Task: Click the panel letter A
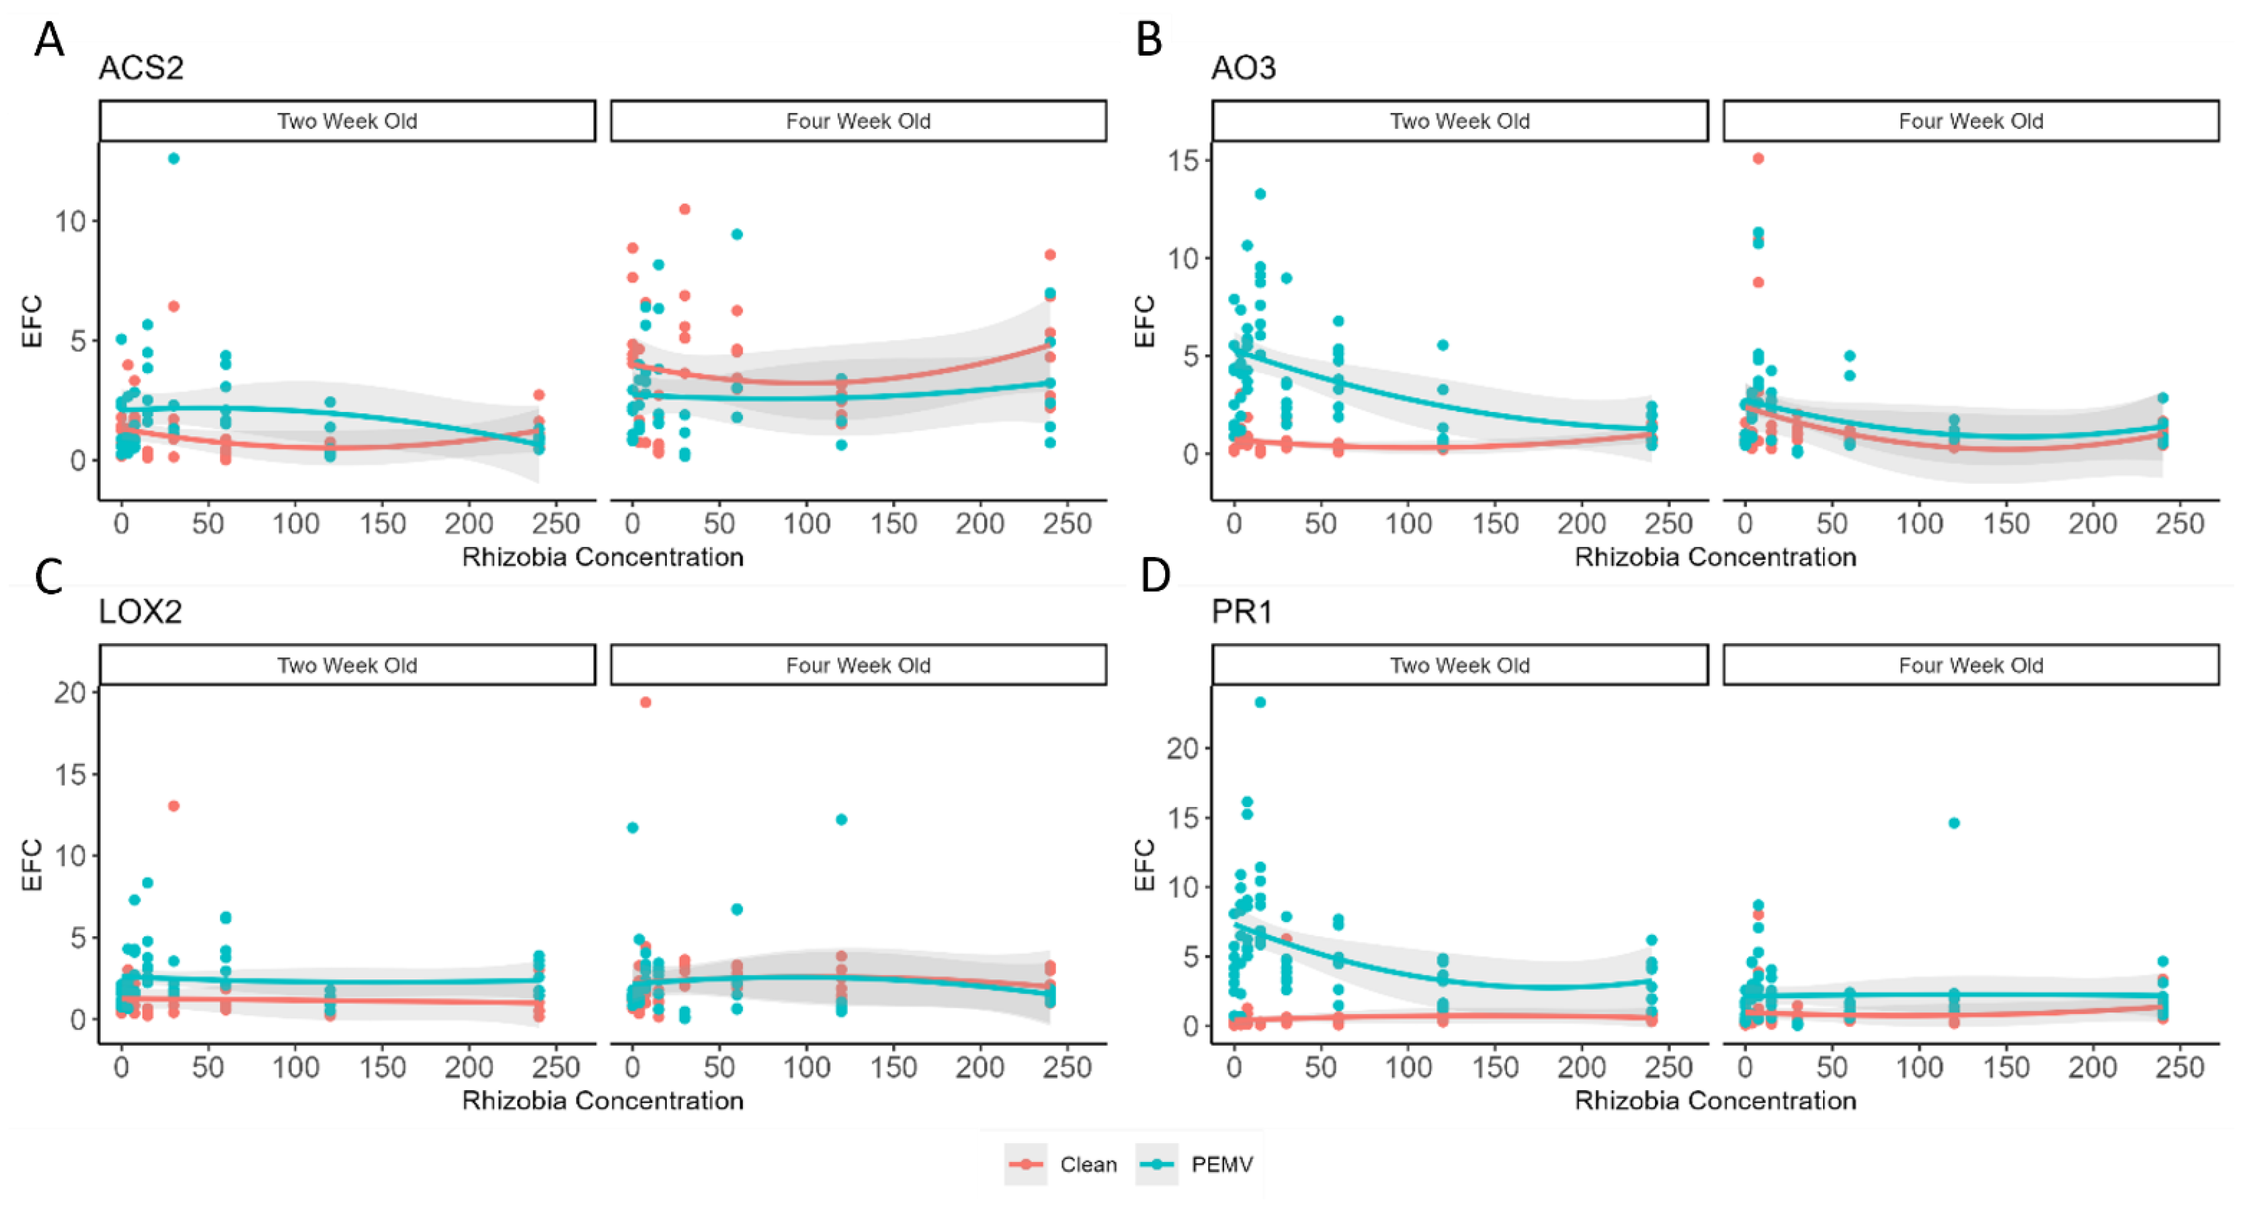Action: click(x=49, y=40)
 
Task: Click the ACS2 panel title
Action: click(x=141, y=68)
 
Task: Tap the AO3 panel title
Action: click(x=1243, y=68)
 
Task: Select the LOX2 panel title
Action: click(x=140, y=611)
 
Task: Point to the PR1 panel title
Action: click(x=1241, y=611)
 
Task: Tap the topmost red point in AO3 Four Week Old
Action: click(x=1758, y=159)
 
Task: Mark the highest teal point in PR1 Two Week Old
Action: click(x=1260, y=702)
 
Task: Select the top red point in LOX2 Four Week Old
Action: click(x=645, y=702)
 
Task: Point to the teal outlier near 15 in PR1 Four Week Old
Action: click(x=1954, y=823)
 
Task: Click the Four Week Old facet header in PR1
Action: click(x=1971, y=665)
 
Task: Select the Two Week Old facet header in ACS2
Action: click(x=347, y=121)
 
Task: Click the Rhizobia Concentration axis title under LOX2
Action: click(x=602, y=1101)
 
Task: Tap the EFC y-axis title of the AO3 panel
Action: click(x=1145, y=321)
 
